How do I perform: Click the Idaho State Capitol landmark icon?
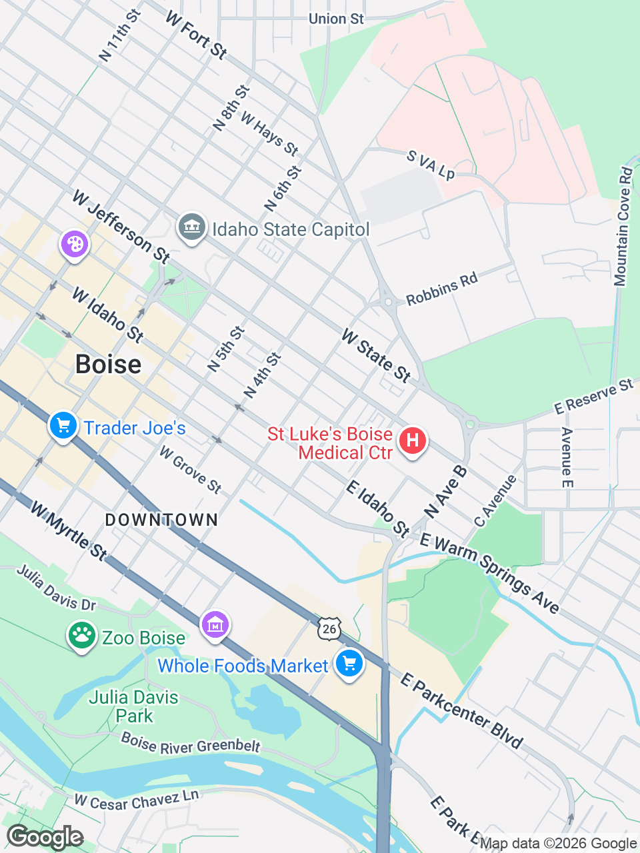(191, 228)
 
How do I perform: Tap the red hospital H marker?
(412, 441)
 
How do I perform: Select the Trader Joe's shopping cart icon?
(63, 425)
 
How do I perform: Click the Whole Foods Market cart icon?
(349, 664)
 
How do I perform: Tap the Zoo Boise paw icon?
(81, 636)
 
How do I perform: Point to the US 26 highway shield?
(329, 628)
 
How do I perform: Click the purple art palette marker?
(75, 244)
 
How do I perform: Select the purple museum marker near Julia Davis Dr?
(215, 626)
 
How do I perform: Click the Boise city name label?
(108, 365)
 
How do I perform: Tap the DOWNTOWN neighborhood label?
(161, 520)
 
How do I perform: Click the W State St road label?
(376, 356)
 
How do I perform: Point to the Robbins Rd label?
(442, 289)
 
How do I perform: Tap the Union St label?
(336, 19)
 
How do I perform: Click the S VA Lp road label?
(431, 165)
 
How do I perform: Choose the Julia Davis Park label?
(133, 706)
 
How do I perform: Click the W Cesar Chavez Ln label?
(136, 800)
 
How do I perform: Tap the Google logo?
(45, 837)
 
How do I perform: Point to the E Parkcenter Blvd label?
(461, 710)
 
